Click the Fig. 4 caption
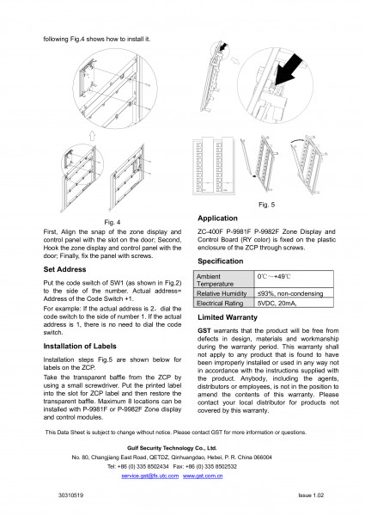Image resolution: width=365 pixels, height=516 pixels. click(x=112, y=222)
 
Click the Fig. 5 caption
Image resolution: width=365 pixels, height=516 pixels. click(x=266, y=205)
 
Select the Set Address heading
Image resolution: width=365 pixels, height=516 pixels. click(x=64, y=269)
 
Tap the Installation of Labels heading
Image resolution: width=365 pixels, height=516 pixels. click(x=80, y=347)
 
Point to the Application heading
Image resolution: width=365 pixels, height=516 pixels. click(x=217, y=218)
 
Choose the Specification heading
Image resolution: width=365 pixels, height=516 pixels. click(x=221, y=261)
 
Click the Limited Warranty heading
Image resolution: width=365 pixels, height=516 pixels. click(x=228, y=317)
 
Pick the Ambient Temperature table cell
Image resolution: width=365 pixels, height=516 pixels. click(x=224, y=279)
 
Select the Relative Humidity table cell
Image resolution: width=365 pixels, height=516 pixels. click(x=224, y=293)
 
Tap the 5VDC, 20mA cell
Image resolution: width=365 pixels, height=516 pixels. click(x=294, y=303)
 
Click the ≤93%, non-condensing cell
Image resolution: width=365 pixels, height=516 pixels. click(x=294, y=293)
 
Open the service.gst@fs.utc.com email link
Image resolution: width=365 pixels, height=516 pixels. click(x=149, y=476)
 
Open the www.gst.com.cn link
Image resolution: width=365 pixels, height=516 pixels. click(x=203, y=476)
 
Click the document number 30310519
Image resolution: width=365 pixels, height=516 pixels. click(x=70, y=495)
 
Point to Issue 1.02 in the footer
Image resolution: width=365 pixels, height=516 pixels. click(x=311, y=495)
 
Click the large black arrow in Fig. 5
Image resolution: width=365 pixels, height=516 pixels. click(x=288, y=71)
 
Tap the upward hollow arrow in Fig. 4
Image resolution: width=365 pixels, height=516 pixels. click(x=92, y=136)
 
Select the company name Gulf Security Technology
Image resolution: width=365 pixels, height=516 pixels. click(x=172, y=448)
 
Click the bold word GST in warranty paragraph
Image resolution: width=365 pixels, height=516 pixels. click(x=204, y=331)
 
